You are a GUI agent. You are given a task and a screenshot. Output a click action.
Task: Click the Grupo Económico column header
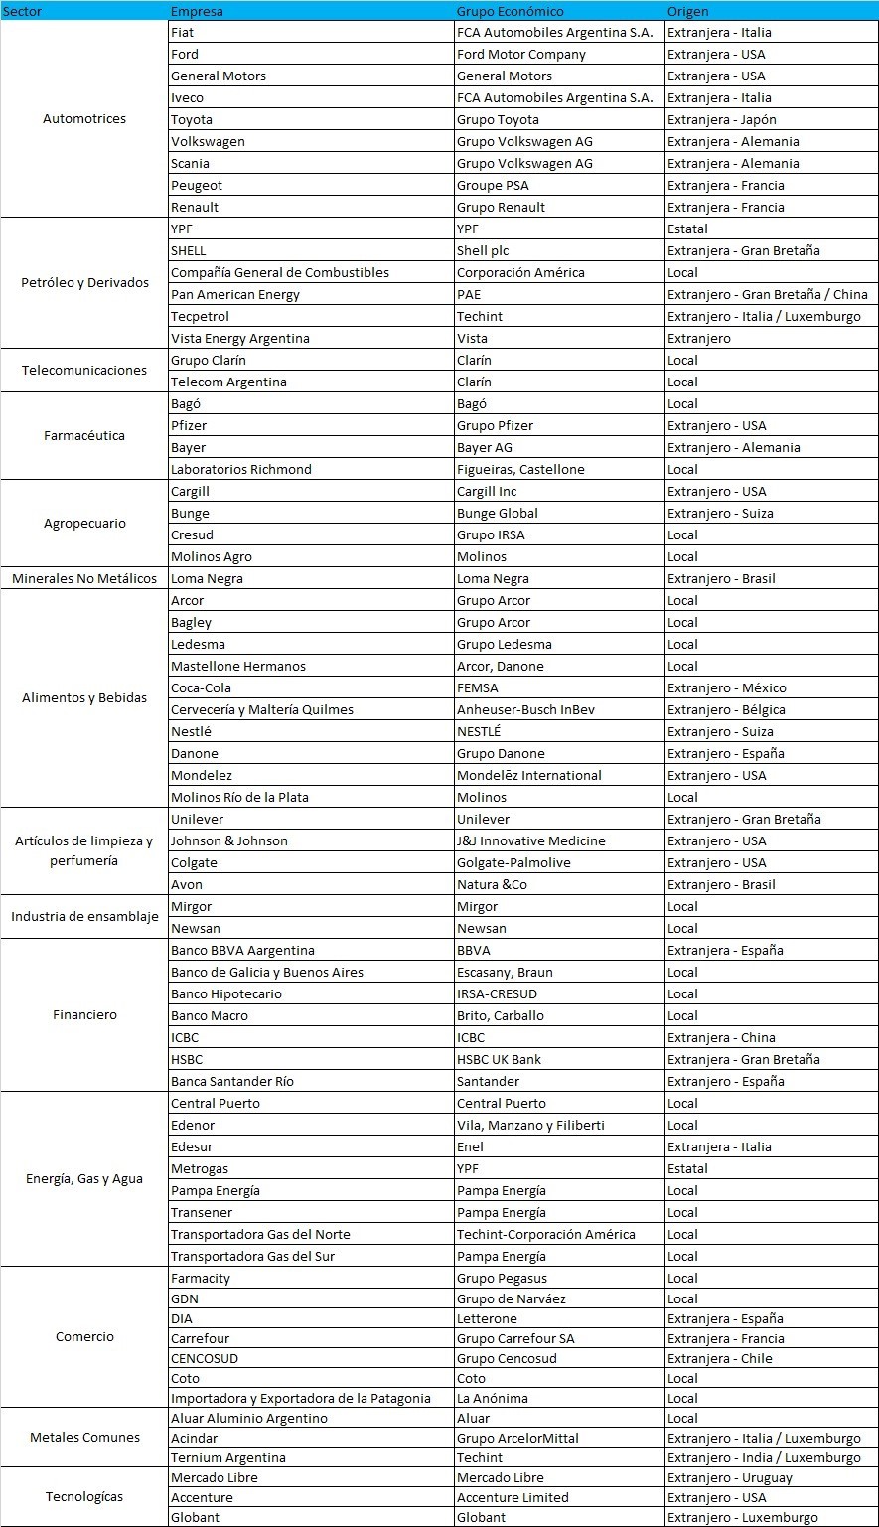click(510, 11)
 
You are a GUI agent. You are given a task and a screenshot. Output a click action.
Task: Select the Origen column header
click(688, 11)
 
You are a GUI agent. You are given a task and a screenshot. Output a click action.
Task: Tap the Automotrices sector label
click(84, 119)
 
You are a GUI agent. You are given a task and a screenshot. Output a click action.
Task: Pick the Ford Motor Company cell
click(520, 55)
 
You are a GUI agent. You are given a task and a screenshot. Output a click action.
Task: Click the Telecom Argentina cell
click(228, 382)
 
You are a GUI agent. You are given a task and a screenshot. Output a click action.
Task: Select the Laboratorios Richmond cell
click(240, 469)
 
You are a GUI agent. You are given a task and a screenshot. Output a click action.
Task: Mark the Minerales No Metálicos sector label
click(84, 578)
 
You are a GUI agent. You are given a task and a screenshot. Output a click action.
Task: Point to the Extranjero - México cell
click(726, 687)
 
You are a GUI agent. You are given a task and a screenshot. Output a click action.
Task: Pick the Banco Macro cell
click(209, 1015)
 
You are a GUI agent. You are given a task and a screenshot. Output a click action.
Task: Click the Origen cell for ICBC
click(721, 1037)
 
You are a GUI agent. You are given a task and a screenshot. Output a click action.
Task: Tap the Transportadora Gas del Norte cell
click(260, 1234)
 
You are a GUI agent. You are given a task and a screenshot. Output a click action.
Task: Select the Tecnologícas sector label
click(84, 1496)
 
